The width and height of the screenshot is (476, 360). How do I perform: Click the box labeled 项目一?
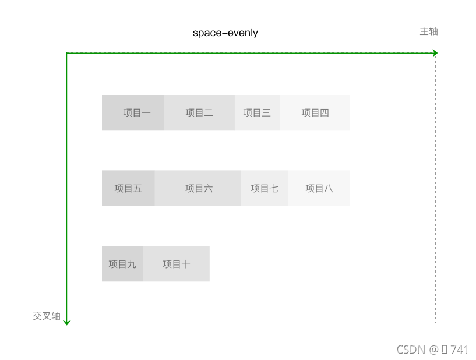(133, 112)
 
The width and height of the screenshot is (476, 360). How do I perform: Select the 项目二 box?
(199, 112)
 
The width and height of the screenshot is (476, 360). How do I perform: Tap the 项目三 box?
(257, 112)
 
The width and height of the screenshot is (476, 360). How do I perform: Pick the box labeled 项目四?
(315, 112)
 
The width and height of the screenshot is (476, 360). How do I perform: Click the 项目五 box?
(128, 188)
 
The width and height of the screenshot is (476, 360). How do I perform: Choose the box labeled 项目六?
(198, 188)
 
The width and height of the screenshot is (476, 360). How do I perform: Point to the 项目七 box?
(264, 188)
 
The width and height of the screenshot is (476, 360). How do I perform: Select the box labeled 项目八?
(319, 188)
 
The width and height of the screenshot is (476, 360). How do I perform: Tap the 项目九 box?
(122, 264)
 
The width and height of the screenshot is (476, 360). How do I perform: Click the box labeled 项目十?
(176, 264)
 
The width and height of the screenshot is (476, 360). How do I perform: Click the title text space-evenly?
(225, 33)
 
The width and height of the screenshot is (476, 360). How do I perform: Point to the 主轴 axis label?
(428, 31)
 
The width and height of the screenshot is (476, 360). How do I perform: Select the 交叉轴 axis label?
(47, 316)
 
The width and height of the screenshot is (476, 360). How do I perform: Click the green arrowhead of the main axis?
(435, 53)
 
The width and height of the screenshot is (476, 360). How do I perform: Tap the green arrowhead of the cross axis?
(67, 322)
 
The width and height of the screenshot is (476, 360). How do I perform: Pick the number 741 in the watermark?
(459, 350)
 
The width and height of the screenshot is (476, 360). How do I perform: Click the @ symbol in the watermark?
(433, 350)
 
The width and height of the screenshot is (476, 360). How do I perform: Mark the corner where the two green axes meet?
(67, 53)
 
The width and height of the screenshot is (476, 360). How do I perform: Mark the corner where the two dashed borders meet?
(435, 323)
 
